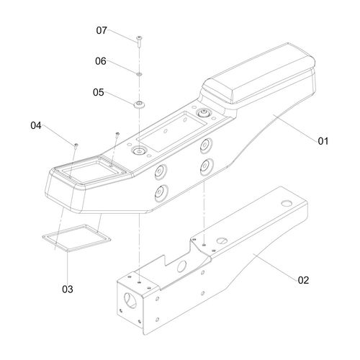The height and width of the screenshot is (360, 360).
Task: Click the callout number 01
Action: (x=323, y=141)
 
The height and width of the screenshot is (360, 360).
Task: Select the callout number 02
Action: (x=303, y=280)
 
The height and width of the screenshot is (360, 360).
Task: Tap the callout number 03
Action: (x=68, y=289)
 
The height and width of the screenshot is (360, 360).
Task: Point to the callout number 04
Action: (x=36, y=125)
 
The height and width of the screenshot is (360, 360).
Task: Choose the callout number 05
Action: (x=99, y=92)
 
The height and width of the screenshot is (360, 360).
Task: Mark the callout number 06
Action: (x=101, y=61)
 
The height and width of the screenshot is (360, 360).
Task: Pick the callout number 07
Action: (x=102, y=30)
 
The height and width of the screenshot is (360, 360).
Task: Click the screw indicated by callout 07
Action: (x=139, y=41)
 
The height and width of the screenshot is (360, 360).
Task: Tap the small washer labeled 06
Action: (x=139, y=75)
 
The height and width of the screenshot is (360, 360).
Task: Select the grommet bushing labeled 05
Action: (x=139, y=104)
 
